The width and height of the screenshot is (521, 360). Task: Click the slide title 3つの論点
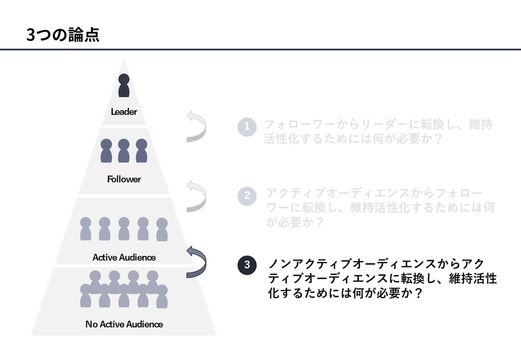coord(63,35)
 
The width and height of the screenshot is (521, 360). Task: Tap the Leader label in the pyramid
coord(124,112)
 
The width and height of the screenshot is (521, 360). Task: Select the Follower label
coord(124,179)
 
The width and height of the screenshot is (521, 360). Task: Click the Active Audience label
coord(124,258)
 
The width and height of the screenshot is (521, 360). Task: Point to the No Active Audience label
coord(124,324)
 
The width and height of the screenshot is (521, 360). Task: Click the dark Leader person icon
coord(124,86)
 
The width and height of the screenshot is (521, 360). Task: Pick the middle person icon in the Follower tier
coord(124,151)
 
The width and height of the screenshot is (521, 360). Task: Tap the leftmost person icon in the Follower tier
coord(106,151)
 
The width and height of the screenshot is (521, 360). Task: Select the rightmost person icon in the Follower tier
coord(142,151)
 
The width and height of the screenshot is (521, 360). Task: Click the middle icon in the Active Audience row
coord(124,229)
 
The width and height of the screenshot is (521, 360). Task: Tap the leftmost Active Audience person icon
coord(86,229)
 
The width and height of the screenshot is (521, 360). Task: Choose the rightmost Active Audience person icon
coord(162,229)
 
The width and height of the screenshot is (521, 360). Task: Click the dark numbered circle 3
coord(247,265)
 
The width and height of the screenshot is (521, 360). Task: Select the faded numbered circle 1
coord(247,127)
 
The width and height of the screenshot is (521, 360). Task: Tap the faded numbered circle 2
coord(247,196)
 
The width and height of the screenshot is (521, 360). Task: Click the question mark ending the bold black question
coord(418,293)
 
